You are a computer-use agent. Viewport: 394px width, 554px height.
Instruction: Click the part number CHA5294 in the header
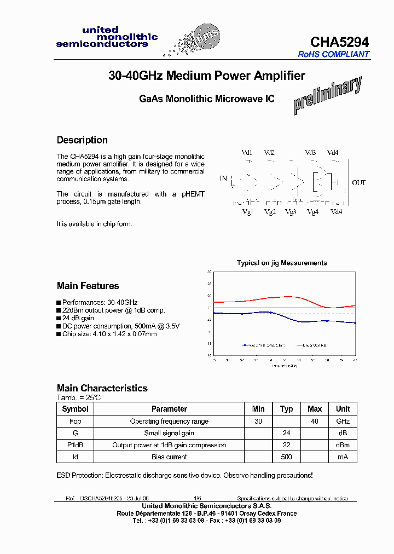[339, 42]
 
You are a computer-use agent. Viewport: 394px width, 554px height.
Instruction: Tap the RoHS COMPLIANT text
[333, 54]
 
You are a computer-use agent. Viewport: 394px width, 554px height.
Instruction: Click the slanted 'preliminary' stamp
[327, 95]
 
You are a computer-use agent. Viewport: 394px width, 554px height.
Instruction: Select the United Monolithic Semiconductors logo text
[107, 37]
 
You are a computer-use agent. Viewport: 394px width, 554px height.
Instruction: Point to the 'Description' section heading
[82, 140]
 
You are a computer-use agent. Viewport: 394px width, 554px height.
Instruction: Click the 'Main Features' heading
[88, 286]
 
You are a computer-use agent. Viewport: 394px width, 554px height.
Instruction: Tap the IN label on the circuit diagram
[223, 178]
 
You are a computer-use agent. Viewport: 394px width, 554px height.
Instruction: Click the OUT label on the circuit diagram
[359, 182]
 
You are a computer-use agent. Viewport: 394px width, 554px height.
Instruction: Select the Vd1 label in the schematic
[247, 153]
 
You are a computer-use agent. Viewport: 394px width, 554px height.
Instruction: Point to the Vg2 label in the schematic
[270, 212]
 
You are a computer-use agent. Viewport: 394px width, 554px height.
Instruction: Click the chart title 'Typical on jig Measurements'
[282, 263]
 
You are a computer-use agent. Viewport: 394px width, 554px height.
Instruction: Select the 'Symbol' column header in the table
[76, 409]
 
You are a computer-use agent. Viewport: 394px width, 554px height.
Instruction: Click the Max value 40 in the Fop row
[315, 421]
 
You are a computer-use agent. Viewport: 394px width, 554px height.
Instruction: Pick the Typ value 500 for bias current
[286, 457]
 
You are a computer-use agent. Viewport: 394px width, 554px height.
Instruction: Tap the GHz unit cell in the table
[343, 421]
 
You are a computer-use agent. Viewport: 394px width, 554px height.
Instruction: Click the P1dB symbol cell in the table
[76, 445]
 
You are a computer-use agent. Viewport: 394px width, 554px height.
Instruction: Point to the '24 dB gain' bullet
[78, 318]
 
